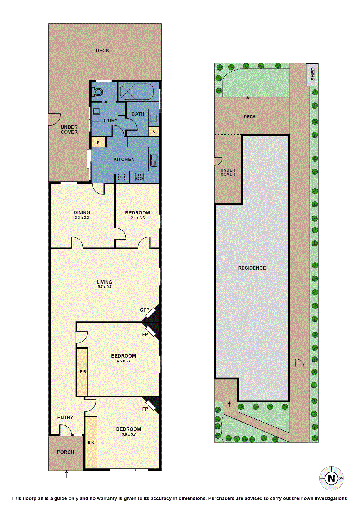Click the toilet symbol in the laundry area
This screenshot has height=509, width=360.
(x=98, y=92)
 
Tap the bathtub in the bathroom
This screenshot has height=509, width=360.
(x=137, y=92)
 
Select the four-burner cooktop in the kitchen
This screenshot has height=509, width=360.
(x=139, y=177)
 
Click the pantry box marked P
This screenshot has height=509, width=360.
(x=98, y=142)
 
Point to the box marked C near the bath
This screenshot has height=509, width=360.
(x=154, y=131)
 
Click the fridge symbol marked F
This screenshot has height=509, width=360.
(x=121, y=177)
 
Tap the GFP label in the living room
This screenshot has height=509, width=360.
(x=145, y=310)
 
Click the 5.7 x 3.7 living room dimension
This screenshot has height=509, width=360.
(x=105, y=287)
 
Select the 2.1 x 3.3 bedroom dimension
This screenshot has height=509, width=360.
(x=138, y=218)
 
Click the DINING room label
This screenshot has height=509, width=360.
(x=82, y=212)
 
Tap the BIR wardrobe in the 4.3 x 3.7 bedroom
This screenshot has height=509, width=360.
(x=82, y=372)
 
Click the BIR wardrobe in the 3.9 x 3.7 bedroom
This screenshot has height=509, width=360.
(x=91, y=443)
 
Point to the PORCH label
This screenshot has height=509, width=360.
(x=66, y=452)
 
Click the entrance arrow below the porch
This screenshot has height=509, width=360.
(x=66, y=474)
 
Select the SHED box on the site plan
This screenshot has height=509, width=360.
(x=312, y=74)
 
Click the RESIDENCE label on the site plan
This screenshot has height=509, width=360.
(x=252, y=268)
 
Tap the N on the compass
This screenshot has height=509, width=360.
(x=331, y=478)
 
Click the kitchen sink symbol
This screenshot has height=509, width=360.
(x=154, y=160)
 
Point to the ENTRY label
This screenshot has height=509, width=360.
(x=65, y=418)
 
